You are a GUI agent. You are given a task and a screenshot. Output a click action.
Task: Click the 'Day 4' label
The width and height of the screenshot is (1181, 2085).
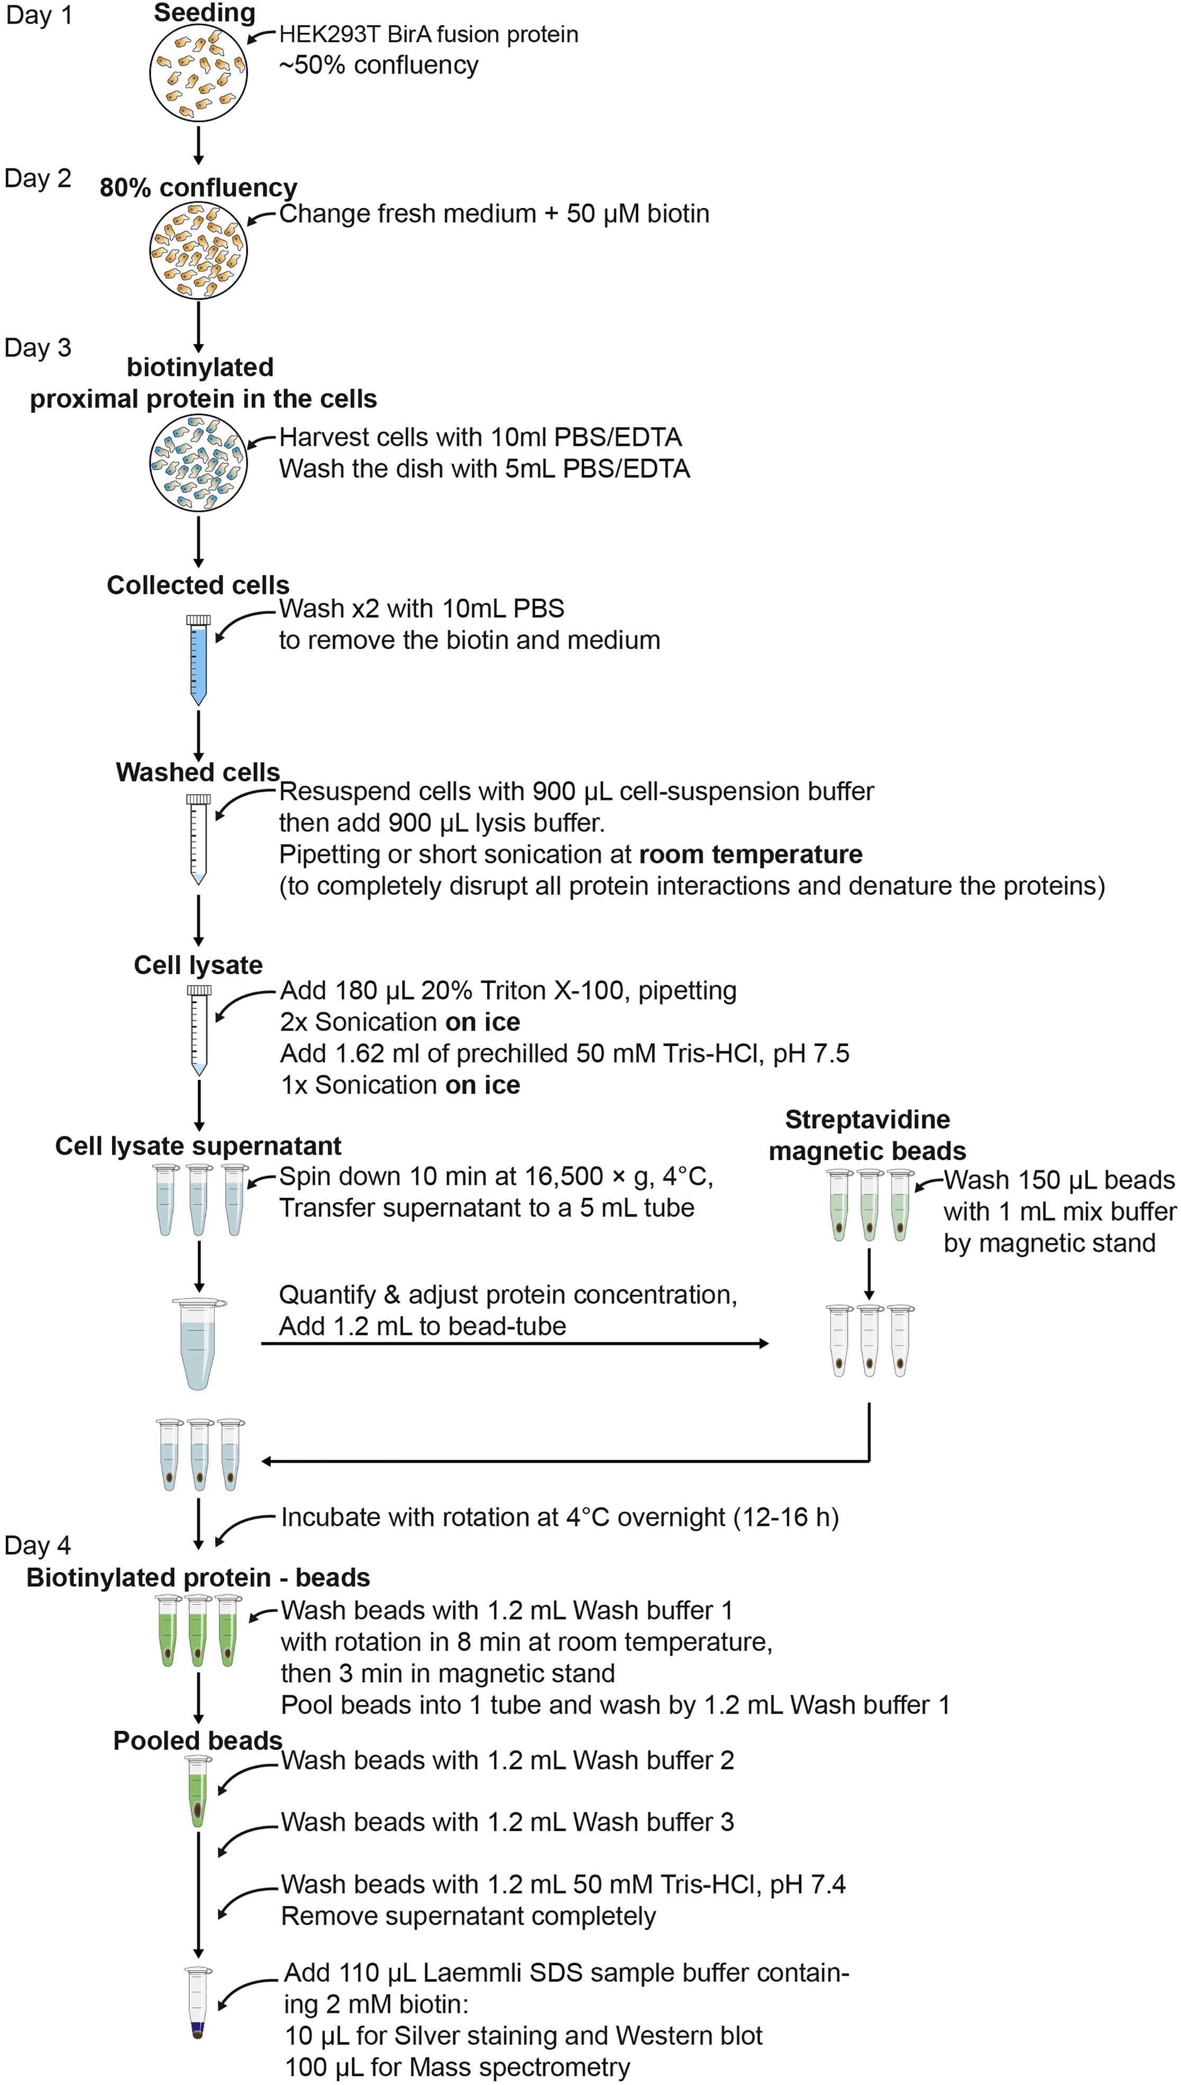pyautogui.click(x=38, y=1545)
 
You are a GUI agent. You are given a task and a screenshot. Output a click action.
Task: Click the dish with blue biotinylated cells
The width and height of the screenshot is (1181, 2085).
pyautogui.click(x=199, y=463)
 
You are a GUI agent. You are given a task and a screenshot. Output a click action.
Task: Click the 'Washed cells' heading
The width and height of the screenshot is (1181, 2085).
pyautogui.click(x=197, y=772)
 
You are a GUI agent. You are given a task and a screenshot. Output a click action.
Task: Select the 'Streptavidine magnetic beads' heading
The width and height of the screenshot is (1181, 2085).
pyautogui.click(x=867, y=1135)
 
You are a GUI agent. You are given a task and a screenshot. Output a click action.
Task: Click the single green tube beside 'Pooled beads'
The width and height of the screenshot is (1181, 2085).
pyautogui.click(x=197, y=1790)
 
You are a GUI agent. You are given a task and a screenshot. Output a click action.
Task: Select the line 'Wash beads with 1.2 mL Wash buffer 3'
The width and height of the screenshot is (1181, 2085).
pyautogui.click(x=507, y=1821)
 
